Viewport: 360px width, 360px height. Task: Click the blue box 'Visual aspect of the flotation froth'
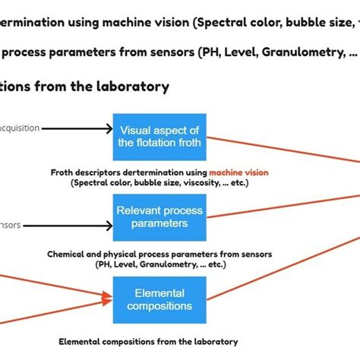point(159,135)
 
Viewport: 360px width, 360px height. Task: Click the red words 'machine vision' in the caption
point(238,173)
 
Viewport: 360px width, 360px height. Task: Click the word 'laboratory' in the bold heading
point(130,87)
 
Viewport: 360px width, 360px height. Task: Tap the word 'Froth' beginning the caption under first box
point(63,173)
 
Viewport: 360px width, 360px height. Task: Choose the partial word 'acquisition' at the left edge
point(20,128)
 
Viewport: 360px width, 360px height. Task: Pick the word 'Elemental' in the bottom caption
point(79,342)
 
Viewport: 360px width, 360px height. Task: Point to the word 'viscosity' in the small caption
point(199,183)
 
